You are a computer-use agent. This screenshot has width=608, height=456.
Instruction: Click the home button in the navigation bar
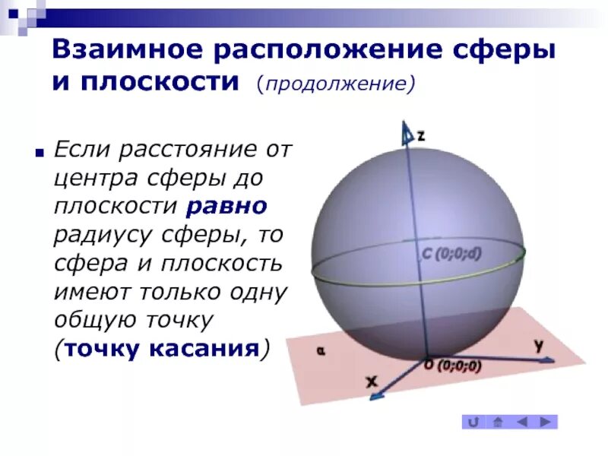[498, 422]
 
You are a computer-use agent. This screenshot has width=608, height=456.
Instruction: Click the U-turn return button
[473, 422]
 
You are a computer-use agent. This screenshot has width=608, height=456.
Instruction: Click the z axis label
[420, 135]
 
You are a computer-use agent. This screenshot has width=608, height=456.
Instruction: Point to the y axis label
[538, 346]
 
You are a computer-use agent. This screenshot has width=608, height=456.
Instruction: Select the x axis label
[372, 382]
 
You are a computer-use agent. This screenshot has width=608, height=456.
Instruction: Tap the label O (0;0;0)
[453, 366]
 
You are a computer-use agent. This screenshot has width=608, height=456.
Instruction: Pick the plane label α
[321, 350]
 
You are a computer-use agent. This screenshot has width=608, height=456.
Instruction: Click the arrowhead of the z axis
[404, 131]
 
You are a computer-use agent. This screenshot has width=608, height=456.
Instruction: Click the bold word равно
[235, 207]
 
